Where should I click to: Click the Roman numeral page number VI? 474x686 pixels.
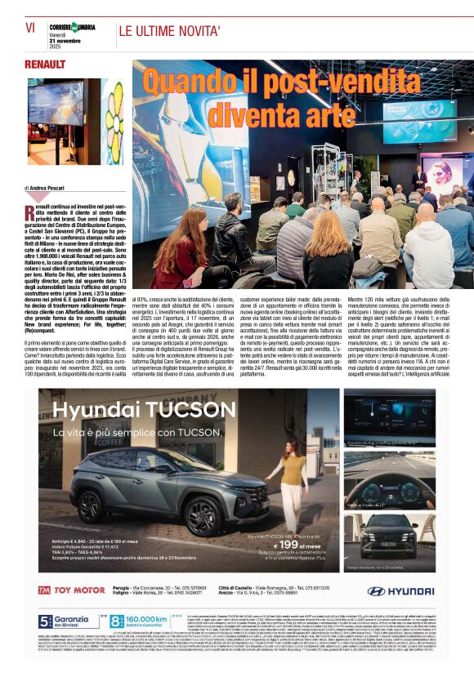[x=29, y=27]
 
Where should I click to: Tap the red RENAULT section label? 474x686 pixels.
[x=45, y=64]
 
